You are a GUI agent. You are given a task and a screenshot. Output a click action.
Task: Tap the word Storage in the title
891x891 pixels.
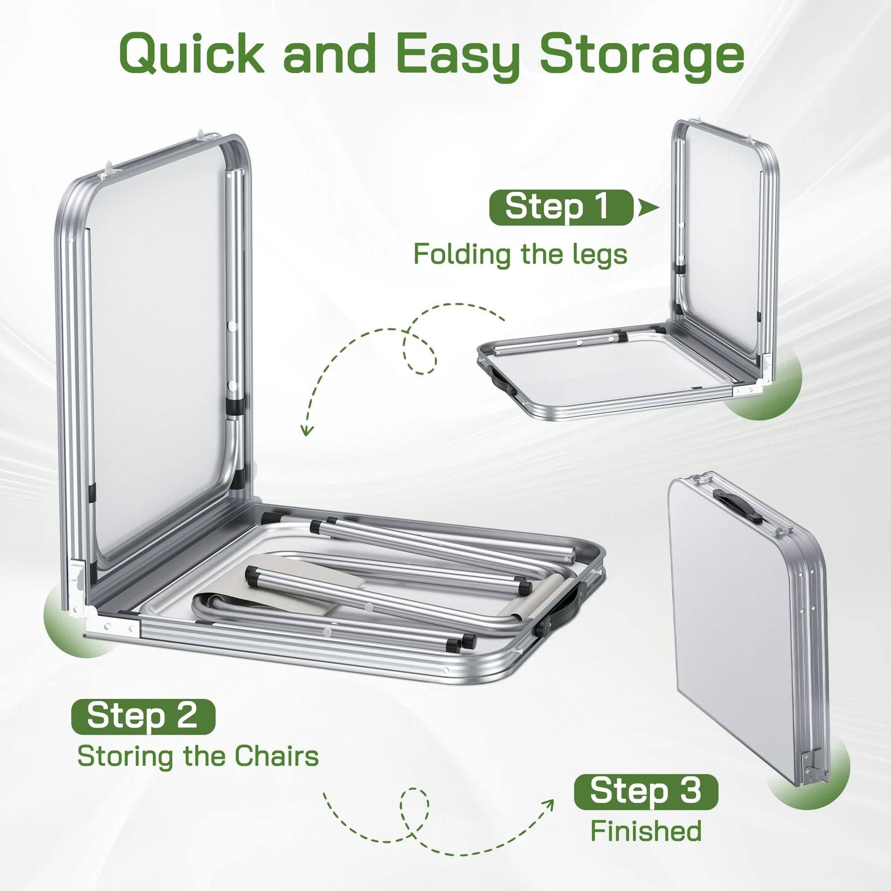642,56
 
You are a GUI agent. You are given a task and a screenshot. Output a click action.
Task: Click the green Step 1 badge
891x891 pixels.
561,208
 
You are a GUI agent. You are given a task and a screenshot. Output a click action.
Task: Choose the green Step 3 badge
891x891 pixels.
646,791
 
